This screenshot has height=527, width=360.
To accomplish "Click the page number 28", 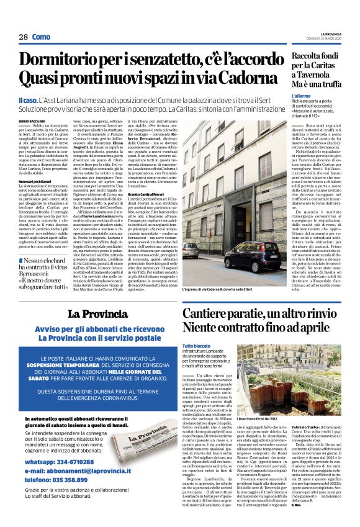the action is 23,37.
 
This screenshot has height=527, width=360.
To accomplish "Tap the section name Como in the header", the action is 42,37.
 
